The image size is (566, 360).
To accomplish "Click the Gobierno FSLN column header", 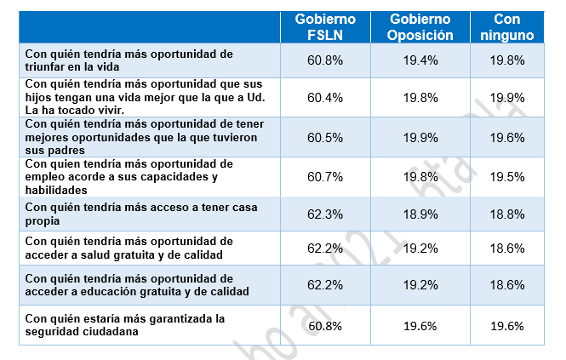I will pos(325,26).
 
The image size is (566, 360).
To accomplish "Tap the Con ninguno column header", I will pos(513,26).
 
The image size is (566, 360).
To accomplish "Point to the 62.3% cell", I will pos(325,214).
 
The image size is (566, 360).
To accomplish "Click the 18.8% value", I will pos(513,214).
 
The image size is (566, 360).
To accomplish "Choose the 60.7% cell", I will pos(325,177).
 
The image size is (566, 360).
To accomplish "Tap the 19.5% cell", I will pos(513,177).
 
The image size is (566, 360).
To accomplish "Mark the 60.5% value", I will pos(325,137).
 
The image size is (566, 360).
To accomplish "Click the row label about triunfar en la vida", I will pos(128,60).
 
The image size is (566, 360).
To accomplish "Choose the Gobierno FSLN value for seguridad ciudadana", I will pos(325,325).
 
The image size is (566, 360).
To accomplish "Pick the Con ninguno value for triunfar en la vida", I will pos(513,60).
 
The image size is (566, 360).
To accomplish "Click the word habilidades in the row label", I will pos(55,190).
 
